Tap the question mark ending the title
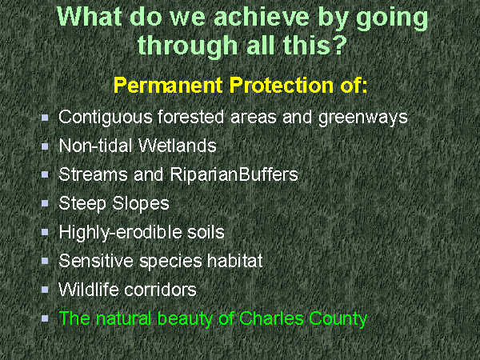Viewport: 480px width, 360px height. coord(338,45)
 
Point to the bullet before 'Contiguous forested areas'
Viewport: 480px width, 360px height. coord(45,118)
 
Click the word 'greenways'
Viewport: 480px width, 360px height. coord(364,118)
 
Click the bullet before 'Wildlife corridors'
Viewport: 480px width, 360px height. coord(45,290)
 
